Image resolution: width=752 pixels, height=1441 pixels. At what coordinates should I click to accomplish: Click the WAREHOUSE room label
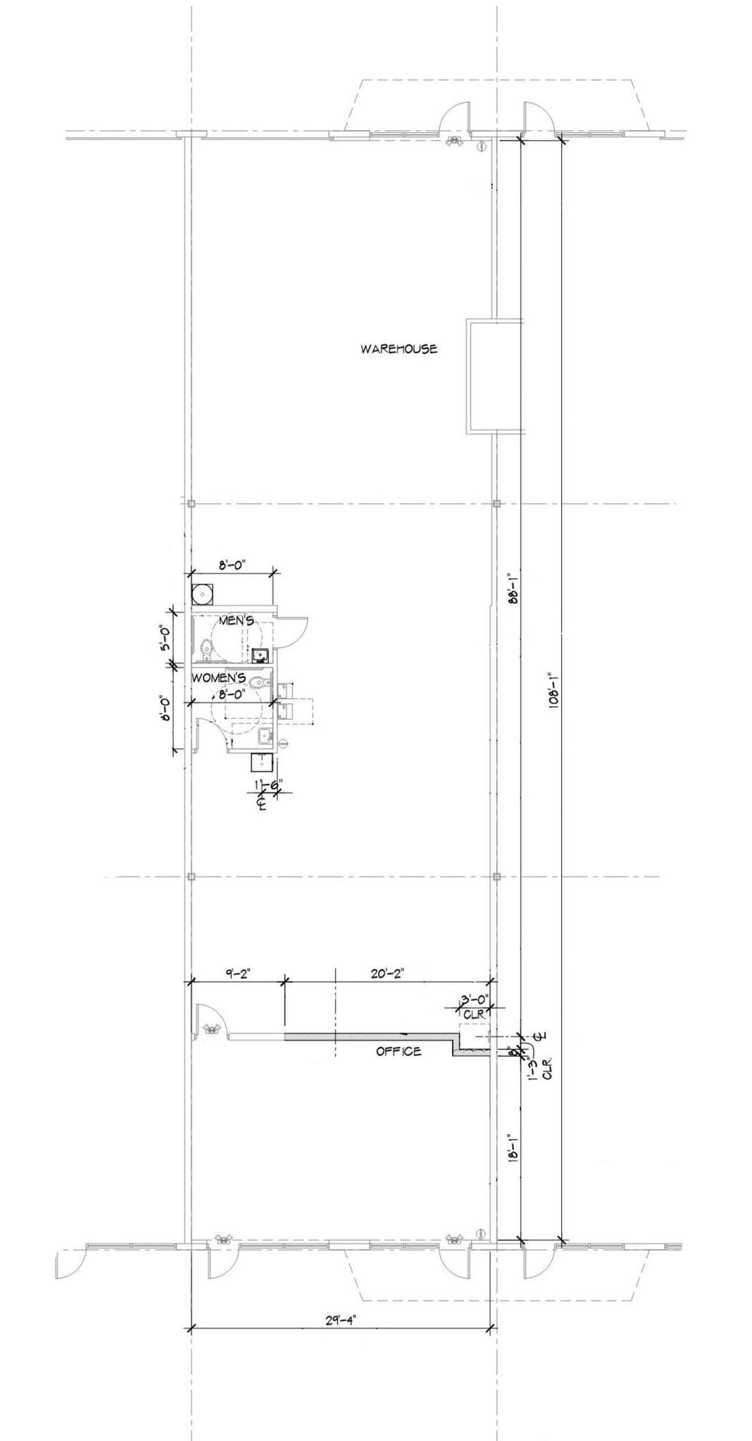pyautogui.click(x=399, y=348)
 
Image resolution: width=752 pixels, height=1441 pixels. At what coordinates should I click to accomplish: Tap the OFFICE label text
pyautogui.click(x=399, y=1051)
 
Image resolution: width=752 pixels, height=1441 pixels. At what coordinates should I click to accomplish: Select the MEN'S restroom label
pyautogui.click(x=237, y=621)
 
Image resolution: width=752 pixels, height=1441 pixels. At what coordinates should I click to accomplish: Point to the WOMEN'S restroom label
pyautogui.click(x=219, y=678)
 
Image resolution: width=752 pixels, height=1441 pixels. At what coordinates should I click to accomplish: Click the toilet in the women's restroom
pyautogui.click(x=261, y=681)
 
